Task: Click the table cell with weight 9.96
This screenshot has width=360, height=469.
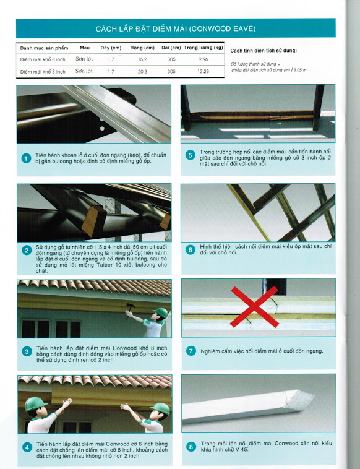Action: (x=203, y=59)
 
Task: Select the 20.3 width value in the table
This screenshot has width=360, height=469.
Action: (x=142, y=72)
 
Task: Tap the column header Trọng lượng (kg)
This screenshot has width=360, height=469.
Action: (x=204, y=48)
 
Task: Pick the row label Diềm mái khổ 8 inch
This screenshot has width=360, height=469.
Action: (x=43, y=72)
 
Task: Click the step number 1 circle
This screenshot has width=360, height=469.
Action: (x=27, y=158)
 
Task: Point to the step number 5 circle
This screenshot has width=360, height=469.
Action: (x=190, y=155)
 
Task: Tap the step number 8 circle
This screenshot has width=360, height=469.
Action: (x=191, y=447)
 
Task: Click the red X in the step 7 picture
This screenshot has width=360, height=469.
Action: (x=255, y=307)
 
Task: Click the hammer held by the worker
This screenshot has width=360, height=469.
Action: (x=130, y=309)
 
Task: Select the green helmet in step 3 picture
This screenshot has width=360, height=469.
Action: (x=162, y=312)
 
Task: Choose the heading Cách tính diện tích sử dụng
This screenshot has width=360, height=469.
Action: (x=264, y=51)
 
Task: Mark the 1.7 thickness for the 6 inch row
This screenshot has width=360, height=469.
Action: (x=111, y=59)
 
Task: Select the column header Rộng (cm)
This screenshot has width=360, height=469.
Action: (x=142, y=48)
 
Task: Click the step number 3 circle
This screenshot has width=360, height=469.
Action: (x=27, y=351)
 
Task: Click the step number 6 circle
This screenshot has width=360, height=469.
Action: (x=190, y=250)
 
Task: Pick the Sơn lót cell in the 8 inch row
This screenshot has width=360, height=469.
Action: (x=84, y=71)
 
